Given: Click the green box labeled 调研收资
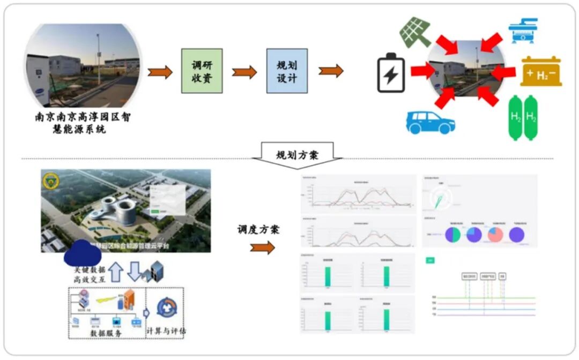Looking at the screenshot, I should coord(202,71).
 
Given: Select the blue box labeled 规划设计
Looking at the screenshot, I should coord(287,71).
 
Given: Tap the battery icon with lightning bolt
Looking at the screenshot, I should coord(391,73).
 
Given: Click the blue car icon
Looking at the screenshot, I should coord(430,122).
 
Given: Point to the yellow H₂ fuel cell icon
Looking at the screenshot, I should coord(541,72).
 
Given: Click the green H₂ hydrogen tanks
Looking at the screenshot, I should coord(523,117).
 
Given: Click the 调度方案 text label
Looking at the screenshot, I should coord(258,229).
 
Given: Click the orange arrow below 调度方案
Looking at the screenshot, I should coord(262,247).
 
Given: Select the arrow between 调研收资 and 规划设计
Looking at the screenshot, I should coord(244,72).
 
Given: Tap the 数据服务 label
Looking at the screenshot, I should coord(107,333).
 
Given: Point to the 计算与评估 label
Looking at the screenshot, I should coord(166,331).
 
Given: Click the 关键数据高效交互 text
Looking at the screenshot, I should coord(88,273).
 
